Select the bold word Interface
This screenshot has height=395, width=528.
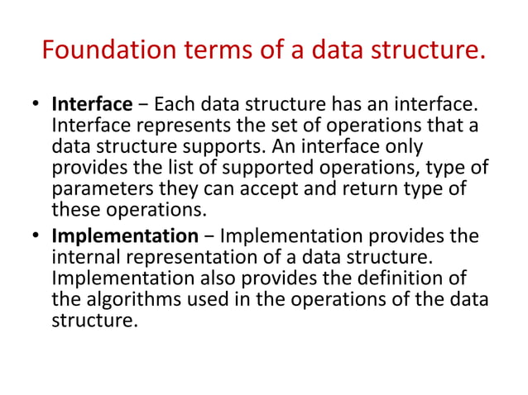point(92,105)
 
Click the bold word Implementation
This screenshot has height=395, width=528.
point(121,236)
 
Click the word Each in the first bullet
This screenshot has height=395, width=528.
point(172,105)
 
